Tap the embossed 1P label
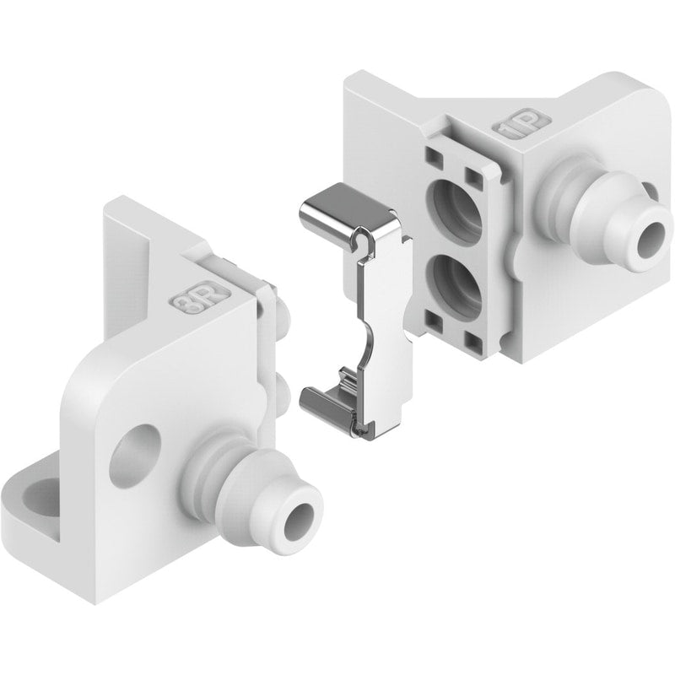pyautogui.click(x=521, y=124)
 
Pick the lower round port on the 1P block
pyautogui.click(x=457, y=285)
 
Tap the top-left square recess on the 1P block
pyautogui.click(x=434, y=157)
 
